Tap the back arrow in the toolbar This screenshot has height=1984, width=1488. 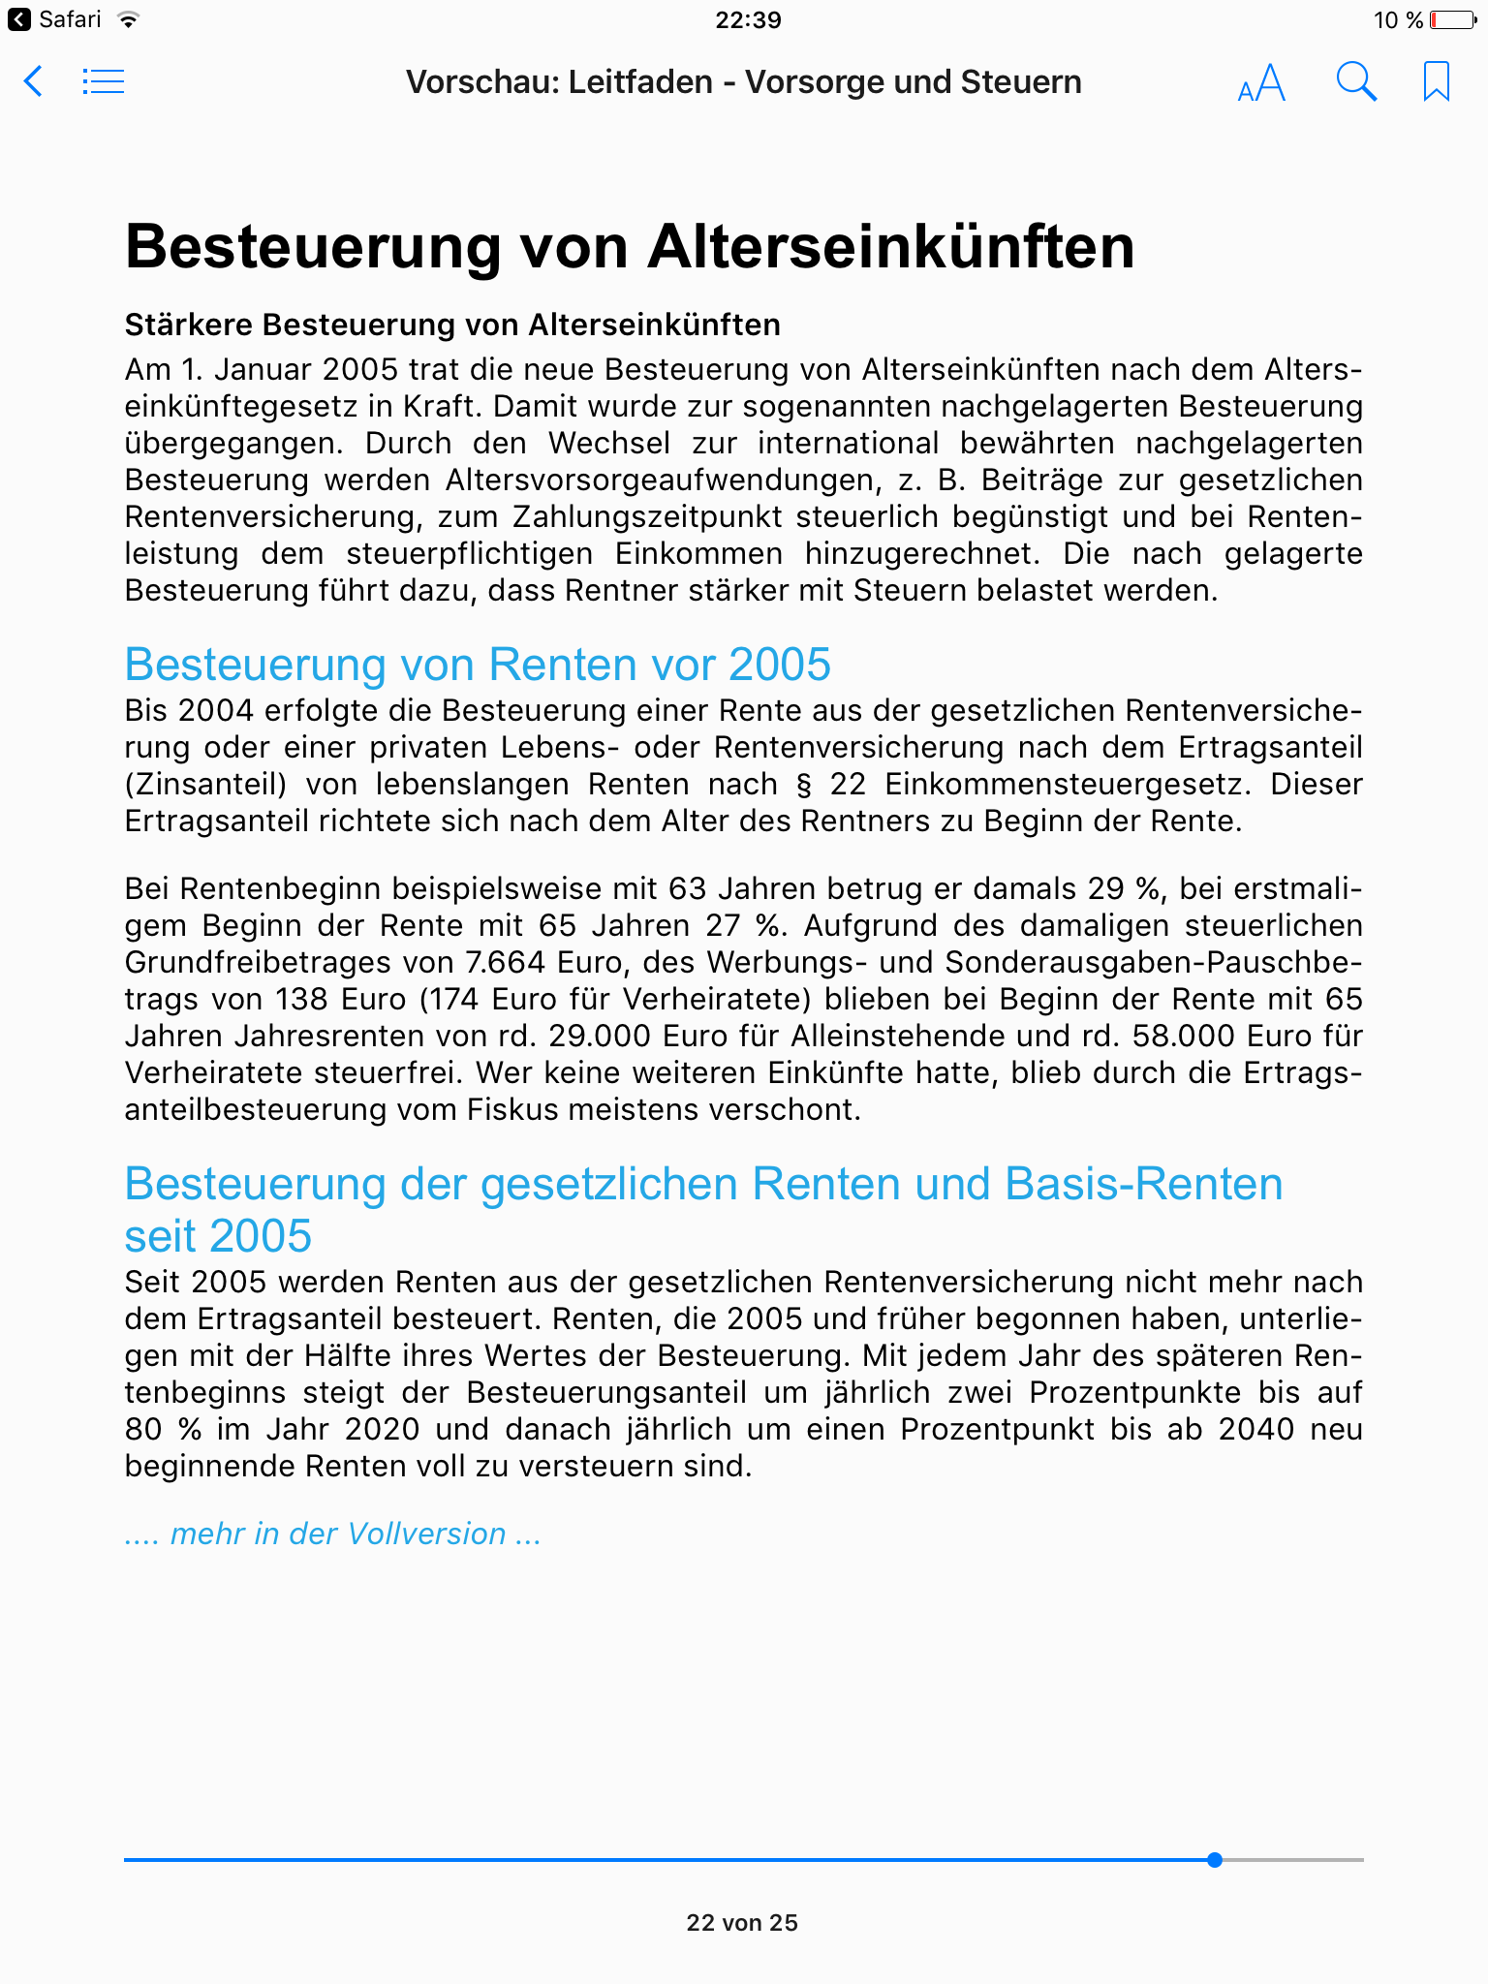[x=33, y=81]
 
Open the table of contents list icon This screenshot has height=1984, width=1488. [x=104, y=81]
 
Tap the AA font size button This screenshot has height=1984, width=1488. [x=1261, y=83]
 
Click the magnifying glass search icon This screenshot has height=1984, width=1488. [x=1356, y=82]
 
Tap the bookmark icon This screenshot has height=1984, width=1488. [x=1436, y=81]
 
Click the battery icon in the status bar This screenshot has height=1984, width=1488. [x=1453, y=19]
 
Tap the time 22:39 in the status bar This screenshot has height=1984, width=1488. [x=748, y=19]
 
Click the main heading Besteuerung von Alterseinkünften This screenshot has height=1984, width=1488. [x=630, y=246]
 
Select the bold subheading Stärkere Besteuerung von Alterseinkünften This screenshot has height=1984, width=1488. [x=452, y=325]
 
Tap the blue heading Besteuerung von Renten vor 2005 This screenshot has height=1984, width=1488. [x=478, y=665]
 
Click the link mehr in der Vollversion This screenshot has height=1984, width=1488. [x=332, y=1534]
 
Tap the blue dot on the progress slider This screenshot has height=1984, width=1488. [x=1215, y=1860]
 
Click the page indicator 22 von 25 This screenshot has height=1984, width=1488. [x=742, y=1923]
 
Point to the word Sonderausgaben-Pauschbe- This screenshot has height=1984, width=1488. [x=1153, y=962]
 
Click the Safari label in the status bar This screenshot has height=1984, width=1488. [x=70, y=19]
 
